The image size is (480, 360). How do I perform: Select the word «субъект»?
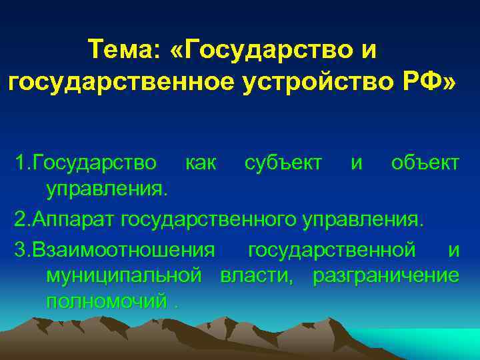tap(283, 163)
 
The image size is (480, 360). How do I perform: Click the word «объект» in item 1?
tap(425, 163)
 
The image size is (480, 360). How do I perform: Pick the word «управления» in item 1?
tap(104, 190)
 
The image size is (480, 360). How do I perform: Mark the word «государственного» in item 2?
tap(223, 219)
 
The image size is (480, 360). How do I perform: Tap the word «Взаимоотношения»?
tap(123, 249)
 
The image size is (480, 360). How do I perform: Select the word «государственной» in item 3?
tap(331, 249)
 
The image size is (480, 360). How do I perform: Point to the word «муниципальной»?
tap(123, 275)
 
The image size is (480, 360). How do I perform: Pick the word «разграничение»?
tap(386, 275)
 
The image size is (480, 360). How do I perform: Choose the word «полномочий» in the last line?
tap(106, 301)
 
